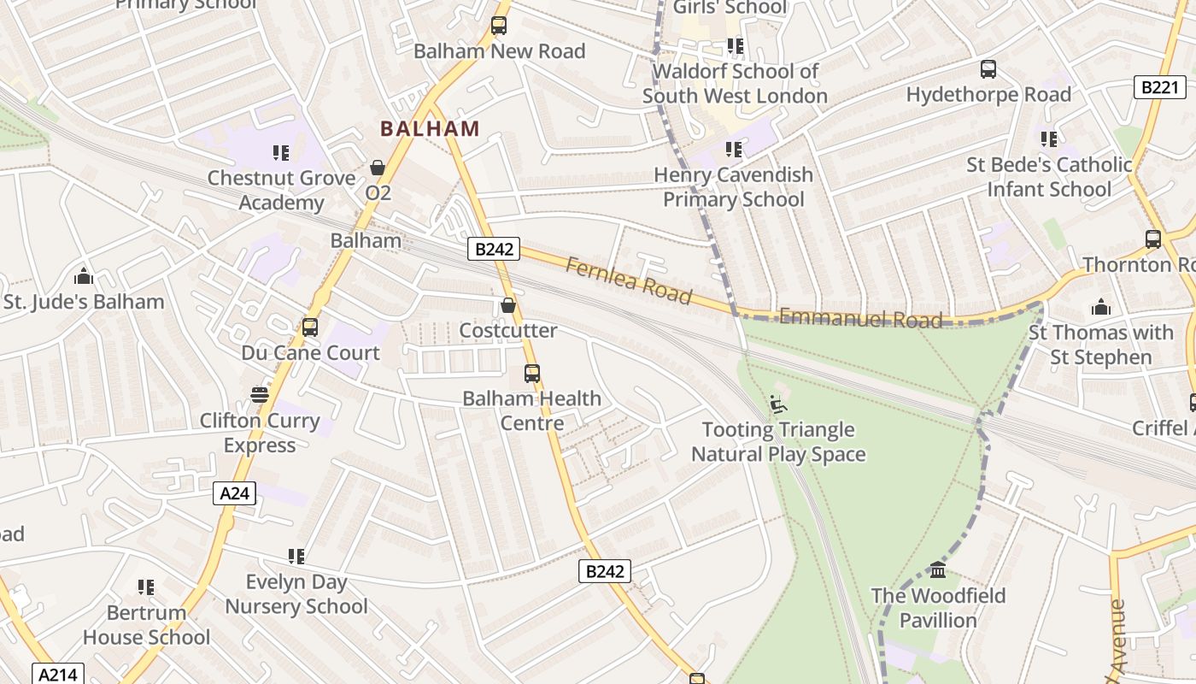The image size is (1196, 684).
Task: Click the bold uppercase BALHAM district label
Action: pos(430,129)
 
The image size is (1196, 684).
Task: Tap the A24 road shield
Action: pos(233,493)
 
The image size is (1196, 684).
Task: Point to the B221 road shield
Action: pos(1160,87)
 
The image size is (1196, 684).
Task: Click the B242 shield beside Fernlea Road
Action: pos(494,250)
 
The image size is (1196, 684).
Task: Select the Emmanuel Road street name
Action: pos(860,320)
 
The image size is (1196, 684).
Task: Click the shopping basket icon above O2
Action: pos(378,168)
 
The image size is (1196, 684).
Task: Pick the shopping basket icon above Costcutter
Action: pos(508,305)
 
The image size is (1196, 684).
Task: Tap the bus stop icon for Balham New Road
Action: pos(499,27)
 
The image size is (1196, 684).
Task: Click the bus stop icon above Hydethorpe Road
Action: pos(988,69)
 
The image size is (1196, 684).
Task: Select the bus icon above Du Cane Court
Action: pos(310,327)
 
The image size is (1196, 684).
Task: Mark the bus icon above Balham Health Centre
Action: pos(532,374)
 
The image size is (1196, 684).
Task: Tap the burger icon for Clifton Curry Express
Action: pos(260,395)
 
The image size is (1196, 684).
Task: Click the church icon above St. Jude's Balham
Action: pos(84,276)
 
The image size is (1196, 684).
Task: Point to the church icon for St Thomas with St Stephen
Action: pos(1101,307)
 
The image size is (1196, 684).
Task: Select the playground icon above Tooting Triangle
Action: pos(778,404)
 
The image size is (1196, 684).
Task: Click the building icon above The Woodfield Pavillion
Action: pos(938,569)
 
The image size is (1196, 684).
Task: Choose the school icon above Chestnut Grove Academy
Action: pos(281,153)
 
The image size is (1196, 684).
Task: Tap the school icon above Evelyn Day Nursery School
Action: pos(296,557)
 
